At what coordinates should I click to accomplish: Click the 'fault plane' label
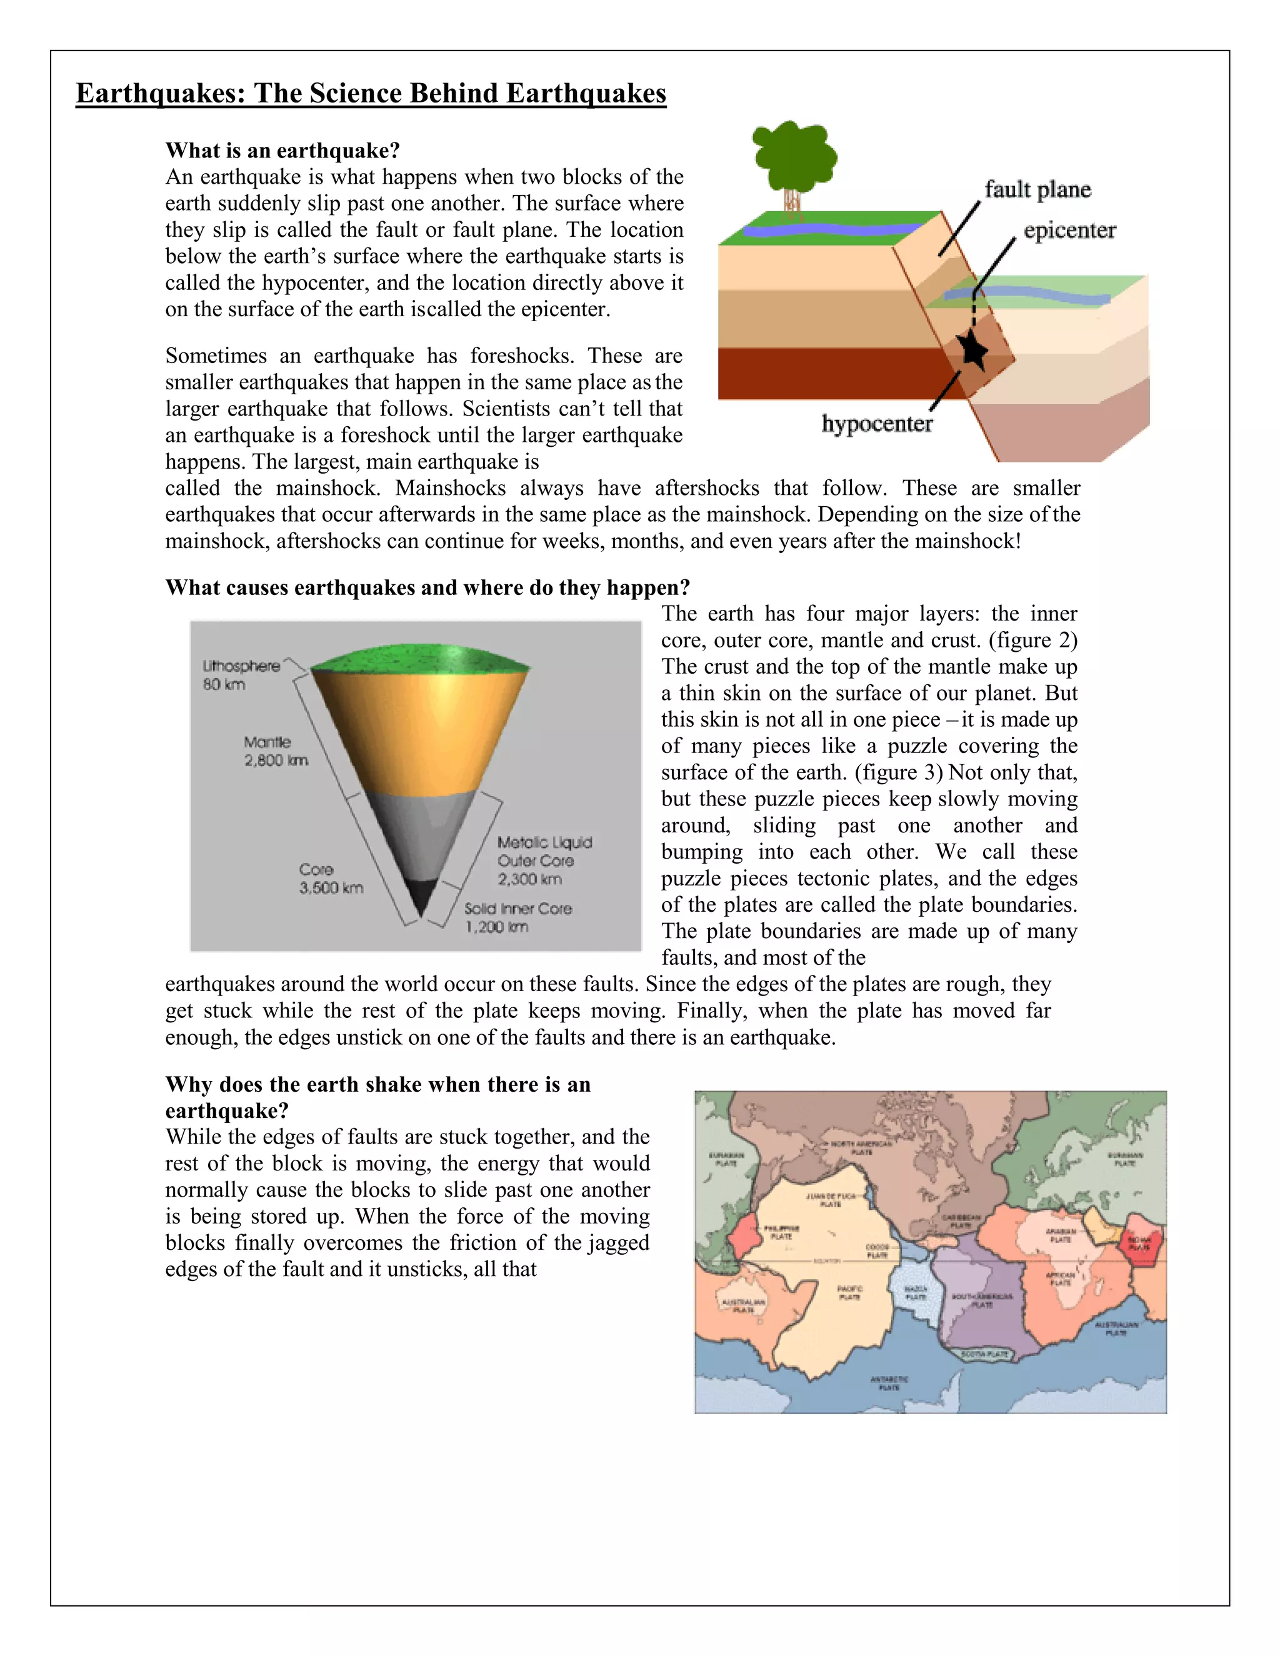[x=1037, y=189]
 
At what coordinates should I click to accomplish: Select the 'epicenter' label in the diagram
[x=1069, y=231]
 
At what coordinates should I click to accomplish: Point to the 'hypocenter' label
[x=877, y=424]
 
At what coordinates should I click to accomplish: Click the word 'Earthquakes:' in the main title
[x=161, y=93]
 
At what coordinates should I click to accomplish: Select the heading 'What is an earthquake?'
[x=282, y=150]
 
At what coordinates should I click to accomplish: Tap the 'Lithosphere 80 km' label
[x=241, y=675]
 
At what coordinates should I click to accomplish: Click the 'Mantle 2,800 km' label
[x=274, y=751]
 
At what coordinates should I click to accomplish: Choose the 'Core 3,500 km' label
[x=330, y=879]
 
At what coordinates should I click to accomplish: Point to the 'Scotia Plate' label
[x=985, y=1354]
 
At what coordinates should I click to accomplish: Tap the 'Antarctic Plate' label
[x=889, y=1383]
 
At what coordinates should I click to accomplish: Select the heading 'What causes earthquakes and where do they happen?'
[x=427, y=587]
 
